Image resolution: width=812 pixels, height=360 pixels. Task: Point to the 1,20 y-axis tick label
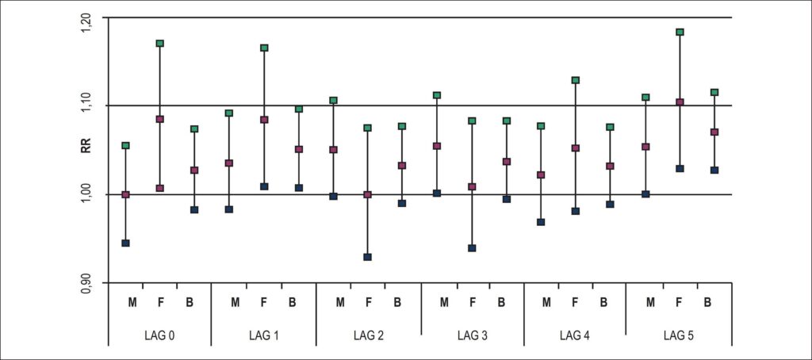pos(86,23)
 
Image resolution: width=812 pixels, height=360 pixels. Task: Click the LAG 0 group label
pos(159,336)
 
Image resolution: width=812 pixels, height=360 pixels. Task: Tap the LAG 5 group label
pos(678,336)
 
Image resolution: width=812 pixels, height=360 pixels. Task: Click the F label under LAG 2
pos(368,302)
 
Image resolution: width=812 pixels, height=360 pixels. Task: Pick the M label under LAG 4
pos(546,302)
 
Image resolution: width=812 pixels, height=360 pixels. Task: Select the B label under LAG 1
pos(293,302)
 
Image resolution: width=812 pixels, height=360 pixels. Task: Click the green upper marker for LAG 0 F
pos(160,44)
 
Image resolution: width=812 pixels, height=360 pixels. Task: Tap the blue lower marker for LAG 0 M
pos(125,243)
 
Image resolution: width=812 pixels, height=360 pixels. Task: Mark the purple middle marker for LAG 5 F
pos(680,102)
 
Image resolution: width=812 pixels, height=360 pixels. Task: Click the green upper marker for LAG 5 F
pos(680,33)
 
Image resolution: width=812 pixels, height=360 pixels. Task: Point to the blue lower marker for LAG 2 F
pos(368,257)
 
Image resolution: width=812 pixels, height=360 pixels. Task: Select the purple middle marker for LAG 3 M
pos(437,146)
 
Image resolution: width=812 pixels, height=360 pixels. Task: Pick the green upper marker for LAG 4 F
pos(576,80)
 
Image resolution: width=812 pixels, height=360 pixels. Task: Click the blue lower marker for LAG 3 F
pos(472,248)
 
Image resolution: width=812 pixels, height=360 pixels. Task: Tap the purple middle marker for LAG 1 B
pos(299,149)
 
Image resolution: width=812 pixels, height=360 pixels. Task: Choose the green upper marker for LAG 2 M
pos(334,101)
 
